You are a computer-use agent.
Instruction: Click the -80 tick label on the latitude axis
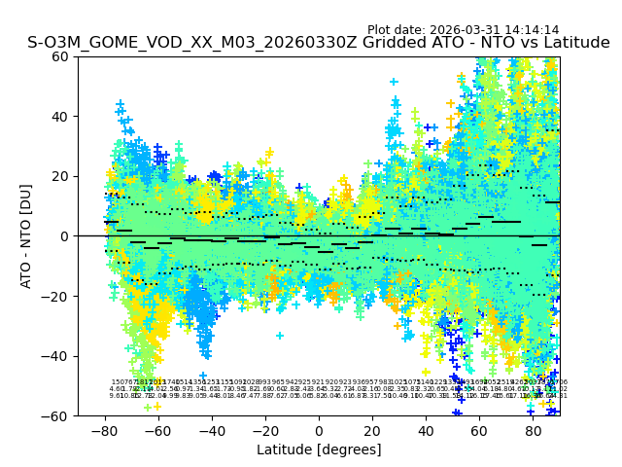[104, 429]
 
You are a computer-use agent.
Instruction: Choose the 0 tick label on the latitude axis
[319, 429]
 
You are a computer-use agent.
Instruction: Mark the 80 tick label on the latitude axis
[533, 429]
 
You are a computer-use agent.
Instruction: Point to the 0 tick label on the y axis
[66, 236]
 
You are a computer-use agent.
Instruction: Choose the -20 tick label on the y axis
[58, 296]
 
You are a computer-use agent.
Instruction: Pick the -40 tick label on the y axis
[58, 356]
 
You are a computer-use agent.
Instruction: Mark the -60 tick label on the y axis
[58, 415]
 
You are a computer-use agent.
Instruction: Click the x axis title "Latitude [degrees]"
[319, 449]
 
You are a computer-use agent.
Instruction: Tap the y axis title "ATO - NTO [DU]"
[27, 236]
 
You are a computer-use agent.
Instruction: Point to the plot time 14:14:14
[532, 30]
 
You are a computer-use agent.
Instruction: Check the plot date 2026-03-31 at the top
[465, 30]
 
